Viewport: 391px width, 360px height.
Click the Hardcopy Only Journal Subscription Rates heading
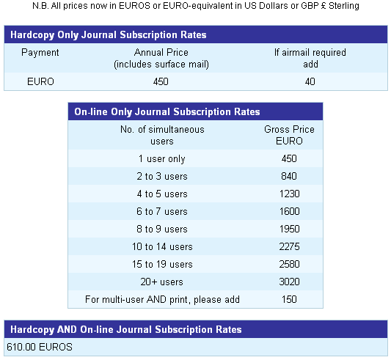click(109, 34)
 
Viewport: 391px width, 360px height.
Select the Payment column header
click(40, 53)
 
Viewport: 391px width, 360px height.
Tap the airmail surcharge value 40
click(310, 81)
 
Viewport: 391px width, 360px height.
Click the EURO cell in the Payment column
click(40, 81)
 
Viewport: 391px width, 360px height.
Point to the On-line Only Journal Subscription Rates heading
click(167, 111)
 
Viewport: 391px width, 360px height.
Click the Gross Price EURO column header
click(289, 135)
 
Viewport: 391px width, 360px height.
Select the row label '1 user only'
click(162, 159)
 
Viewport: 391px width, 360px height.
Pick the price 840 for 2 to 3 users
click(289, 176)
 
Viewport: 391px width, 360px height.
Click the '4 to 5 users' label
click(162, 194)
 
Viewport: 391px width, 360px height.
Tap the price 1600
click(289, 211)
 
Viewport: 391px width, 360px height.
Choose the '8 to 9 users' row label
click(162, 229)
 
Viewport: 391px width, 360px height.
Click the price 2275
click(289, 246)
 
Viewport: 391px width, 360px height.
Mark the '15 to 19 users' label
click(162, 264)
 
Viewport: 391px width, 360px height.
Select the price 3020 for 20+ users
click(289, 282)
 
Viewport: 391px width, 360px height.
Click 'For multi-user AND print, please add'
click(162, 299)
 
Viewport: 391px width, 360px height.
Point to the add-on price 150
click(289, 299)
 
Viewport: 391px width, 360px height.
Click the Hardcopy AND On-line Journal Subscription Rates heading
click(126, 330)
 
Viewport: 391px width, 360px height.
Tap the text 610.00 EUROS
click(40, 347)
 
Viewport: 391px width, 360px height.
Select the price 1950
click(289, 229)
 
